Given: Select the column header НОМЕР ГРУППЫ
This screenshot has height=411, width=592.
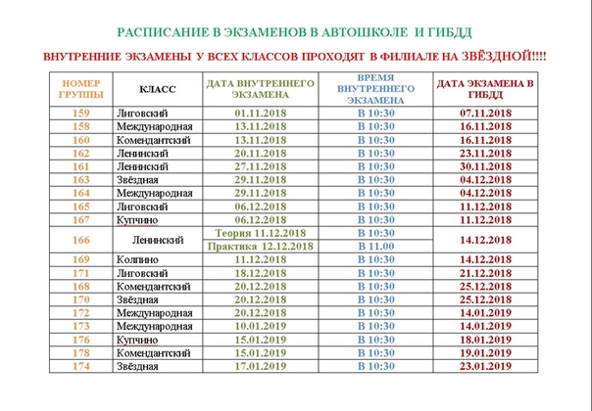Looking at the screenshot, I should pos(81,90).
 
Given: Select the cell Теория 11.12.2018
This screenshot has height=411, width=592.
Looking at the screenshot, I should pos(260,233).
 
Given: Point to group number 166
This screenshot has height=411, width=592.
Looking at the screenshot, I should pos(81,239).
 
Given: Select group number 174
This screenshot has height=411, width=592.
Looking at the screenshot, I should pos(81,366).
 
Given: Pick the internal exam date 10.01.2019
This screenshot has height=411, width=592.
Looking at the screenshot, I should pos(260,325).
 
